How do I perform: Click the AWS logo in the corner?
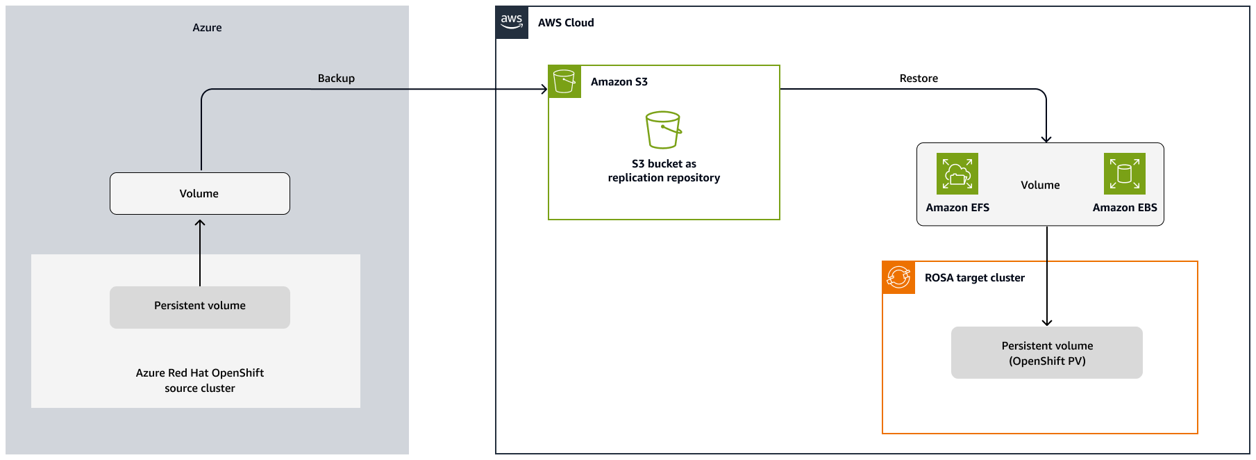pos(512,22)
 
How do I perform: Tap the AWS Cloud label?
pos(566,23)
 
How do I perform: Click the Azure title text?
pos(207,28)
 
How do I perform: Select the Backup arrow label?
pos(336,79)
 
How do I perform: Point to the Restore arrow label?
pos(919,79)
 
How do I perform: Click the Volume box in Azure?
pos(200,194)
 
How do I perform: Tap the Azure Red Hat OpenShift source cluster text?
pos(200,380)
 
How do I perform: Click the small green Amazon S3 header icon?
pos(564,82)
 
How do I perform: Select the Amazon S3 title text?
pos(619,82)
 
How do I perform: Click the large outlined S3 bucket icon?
pos(663,130)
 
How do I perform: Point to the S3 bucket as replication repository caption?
pos(664,171)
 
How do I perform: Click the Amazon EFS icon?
pos(957,174)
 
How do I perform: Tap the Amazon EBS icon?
pos(1124,174)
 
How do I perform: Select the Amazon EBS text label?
pos(1124,208)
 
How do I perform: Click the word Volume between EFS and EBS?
pos(1040,186)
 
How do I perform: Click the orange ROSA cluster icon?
pos(898,277)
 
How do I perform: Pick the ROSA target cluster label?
pos(974,278)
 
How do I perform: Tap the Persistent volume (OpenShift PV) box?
pos(1046,353)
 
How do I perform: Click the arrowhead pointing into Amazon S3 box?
pos(544,89)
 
